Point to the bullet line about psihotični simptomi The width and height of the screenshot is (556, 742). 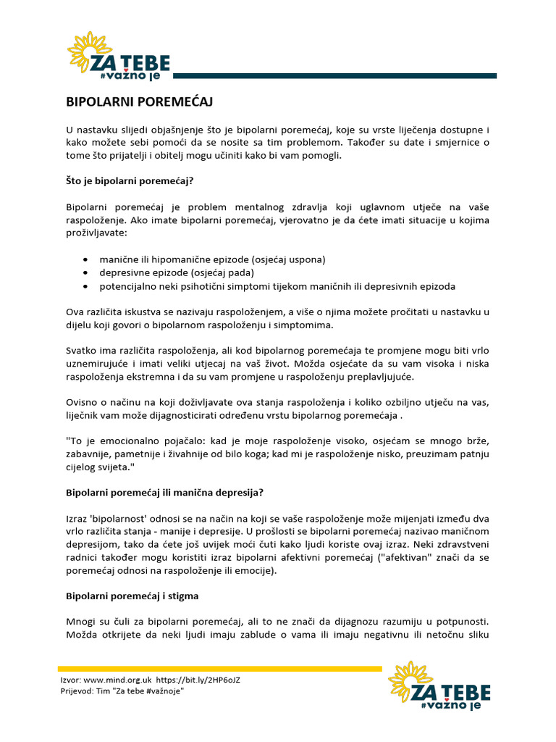pyautogui.click(x=277, y=286)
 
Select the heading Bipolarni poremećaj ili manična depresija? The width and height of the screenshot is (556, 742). pyautogui.click(x=164, y=492)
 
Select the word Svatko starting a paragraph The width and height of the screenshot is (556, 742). pyautogui.click(x=82, y=351)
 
